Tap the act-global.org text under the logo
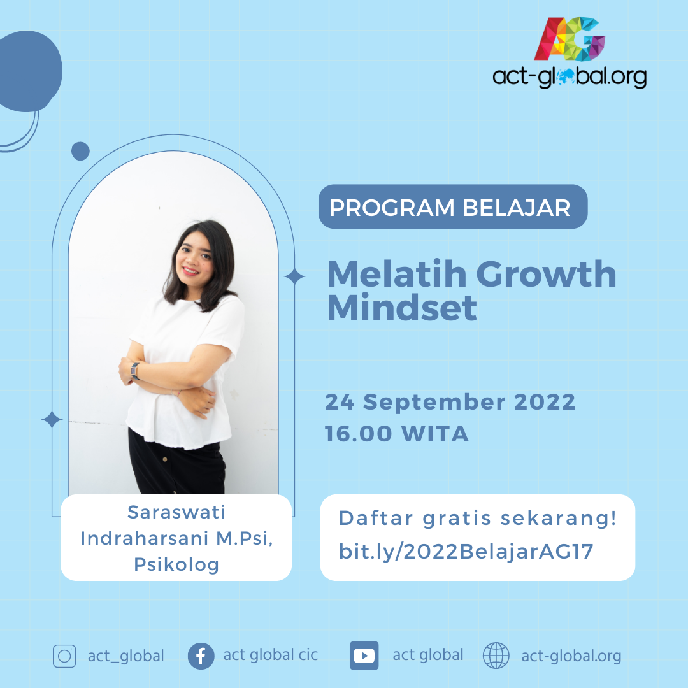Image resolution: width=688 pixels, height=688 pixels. (x=570, y=77)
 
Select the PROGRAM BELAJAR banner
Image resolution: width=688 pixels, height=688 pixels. (x=452, y=207)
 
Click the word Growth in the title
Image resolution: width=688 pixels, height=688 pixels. (x=546, y=274)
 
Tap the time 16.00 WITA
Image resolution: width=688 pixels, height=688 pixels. (x=397, y=434)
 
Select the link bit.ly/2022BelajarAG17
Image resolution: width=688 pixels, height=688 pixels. (x=466, y=551)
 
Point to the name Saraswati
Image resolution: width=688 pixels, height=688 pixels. (x=176, y=512)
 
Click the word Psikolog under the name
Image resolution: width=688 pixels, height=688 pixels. (x=176, y=564)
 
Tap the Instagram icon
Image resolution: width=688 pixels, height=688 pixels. (x=64, y=656)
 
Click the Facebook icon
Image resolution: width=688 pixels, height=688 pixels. (x=201, y=656)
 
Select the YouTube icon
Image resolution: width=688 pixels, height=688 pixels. (x=364, y=656)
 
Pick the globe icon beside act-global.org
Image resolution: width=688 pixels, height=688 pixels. (x=496, y=656)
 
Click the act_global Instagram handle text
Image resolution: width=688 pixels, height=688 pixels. (x=126, y=656)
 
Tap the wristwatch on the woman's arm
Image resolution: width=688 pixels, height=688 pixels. (x=134, y=369)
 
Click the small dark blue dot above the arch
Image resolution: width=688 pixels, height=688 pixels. (x=80, y=151)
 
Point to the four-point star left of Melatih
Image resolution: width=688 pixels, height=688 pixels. (x=294, y=276)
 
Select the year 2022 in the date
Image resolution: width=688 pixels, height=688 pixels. (x=545, y=403)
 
